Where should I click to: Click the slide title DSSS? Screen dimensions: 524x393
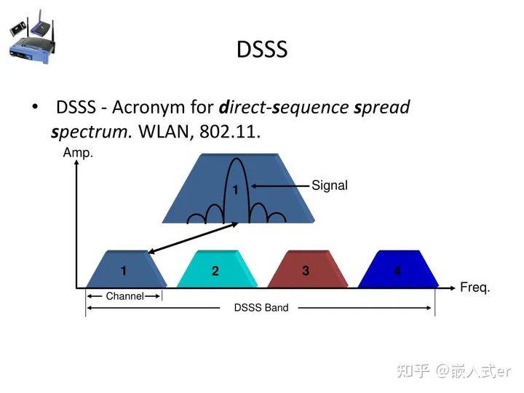(x=262, y=49)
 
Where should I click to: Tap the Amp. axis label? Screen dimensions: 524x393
(x=78, y=154)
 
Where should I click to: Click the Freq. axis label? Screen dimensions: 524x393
(x=475, y=287)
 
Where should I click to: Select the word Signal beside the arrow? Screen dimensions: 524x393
(x=330, y=186)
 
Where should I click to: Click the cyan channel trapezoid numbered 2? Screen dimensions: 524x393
(x=215, y=270)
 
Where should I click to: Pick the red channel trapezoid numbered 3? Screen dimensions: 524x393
(x=306, y=269)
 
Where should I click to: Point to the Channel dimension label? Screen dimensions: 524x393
(x=124, y=296)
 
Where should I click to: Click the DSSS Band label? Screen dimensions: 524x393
(x=261, y=308)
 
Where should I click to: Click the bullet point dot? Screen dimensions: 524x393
(x=35, y=107)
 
